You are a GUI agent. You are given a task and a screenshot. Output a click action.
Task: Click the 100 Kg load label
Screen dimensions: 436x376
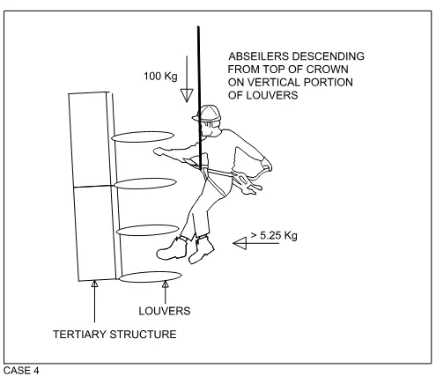pos(160,77)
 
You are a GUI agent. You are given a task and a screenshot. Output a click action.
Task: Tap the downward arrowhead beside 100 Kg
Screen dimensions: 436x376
pos(187,95)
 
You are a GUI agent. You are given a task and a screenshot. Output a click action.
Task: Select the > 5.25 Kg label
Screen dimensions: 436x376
pos(274,235)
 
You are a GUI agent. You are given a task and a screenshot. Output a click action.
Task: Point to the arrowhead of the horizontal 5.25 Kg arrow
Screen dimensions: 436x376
pos(240,243)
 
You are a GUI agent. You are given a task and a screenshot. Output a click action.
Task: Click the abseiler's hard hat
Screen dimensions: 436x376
pos(207,113)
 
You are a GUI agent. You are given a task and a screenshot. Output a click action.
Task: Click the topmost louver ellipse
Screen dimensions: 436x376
pos(143,136)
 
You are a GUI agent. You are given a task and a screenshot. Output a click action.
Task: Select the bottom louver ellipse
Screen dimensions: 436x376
pos(151,276)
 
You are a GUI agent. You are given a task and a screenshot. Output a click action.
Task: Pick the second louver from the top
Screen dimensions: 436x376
pos(145,183)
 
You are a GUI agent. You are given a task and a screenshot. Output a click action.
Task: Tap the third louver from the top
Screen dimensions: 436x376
pos(148,231)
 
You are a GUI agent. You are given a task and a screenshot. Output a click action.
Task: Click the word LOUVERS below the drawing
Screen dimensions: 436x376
pos(165,311)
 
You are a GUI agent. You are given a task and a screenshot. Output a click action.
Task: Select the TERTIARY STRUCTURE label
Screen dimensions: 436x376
pos(115,335)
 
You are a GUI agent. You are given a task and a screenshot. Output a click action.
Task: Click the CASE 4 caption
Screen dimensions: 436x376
pos(21,371)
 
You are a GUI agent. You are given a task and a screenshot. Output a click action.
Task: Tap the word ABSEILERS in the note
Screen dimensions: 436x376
pos(259,56)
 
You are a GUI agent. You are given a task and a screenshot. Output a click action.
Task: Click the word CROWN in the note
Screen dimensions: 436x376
pos(328,70)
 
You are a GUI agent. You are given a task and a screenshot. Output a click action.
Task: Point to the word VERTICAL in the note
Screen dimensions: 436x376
pos(274,82)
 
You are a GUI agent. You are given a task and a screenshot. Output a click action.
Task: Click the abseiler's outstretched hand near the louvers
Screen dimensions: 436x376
pos(160,151)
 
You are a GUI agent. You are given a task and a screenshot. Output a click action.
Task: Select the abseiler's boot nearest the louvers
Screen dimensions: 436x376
pos(171,249)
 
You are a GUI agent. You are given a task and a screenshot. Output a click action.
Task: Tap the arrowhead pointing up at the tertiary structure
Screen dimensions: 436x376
pos(94,284)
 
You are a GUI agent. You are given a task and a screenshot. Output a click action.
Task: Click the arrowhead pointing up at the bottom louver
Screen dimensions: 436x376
pos(166,284)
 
